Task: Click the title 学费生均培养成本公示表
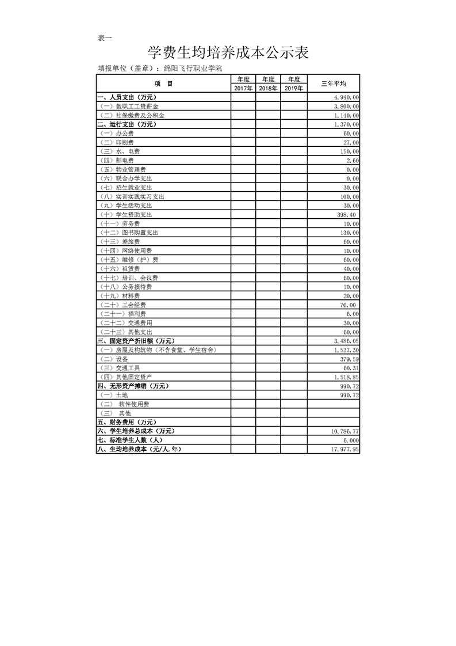tap(228, 53)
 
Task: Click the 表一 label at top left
tap(105, 38)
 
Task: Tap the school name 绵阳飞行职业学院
tap(193, 68)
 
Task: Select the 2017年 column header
tap(244, 88)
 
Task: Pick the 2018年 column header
tap(268, 88)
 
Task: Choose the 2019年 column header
tap(293, 88)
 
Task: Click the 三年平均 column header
tap(333, 83)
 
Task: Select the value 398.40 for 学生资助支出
tap(344, 215)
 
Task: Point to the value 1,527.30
tap(346, 350)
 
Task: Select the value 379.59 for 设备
tap(349, 359)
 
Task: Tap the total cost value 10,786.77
tap(345, 431)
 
